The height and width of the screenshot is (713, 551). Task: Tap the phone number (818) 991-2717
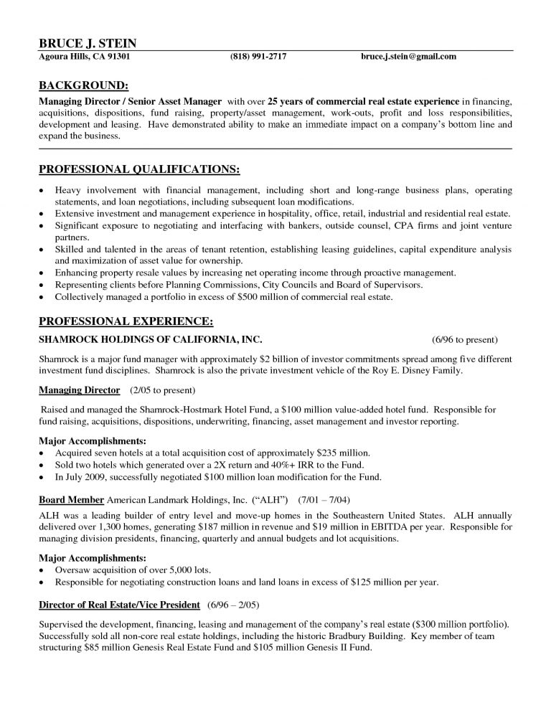pos(258,57)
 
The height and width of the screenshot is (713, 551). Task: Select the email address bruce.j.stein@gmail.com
pos(408,57)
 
